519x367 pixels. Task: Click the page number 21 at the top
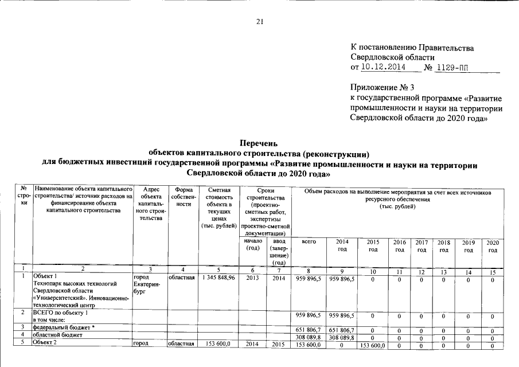[x=259, y=22]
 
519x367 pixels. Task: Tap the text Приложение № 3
[x=381, y=88]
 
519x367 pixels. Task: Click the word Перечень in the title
[x=259, y=144]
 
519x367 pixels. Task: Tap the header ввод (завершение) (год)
[x=278, y=252]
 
